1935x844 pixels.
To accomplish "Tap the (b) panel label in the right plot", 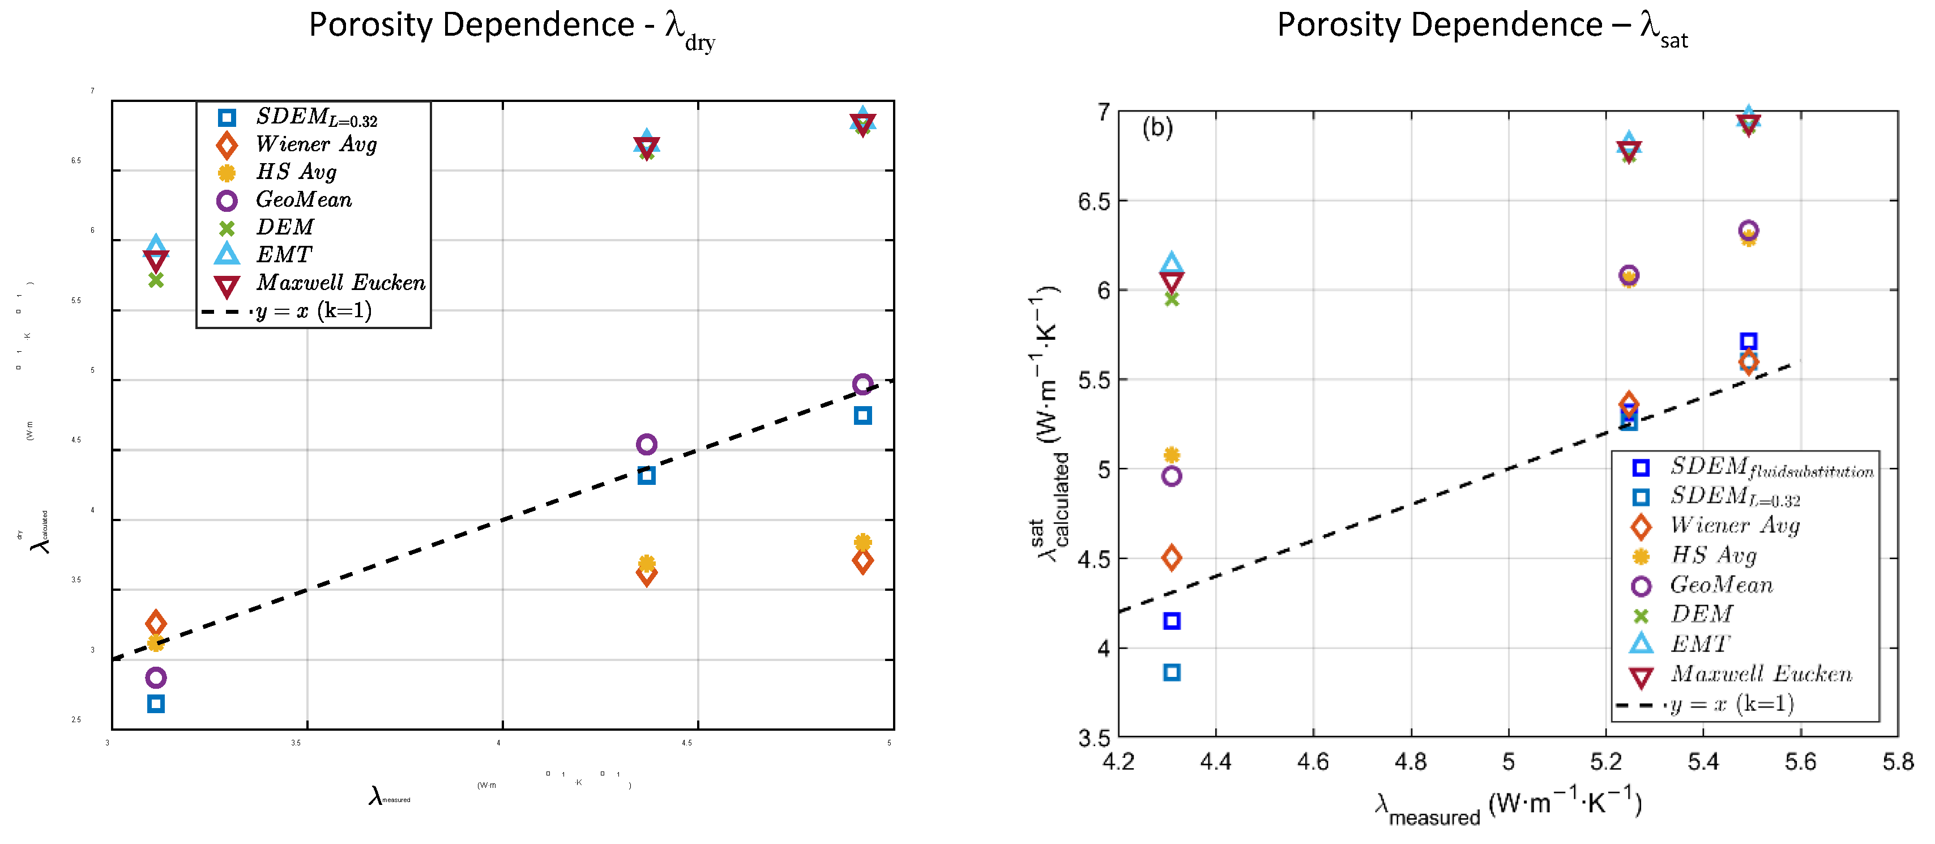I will coord(1157,128).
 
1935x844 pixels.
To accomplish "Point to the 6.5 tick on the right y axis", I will coord(1093,202).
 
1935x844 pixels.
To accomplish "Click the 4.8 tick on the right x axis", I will coord(1410,761).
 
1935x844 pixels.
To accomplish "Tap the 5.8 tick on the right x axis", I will coord(1898,761).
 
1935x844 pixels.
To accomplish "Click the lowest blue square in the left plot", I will coord(156,704).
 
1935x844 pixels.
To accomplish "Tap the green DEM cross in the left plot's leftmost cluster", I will coord(156,280).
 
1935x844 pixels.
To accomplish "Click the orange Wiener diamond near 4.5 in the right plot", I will coord(1171,557).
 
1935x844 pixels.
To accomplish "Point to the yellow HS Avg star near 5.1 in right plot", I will coord(1171,455).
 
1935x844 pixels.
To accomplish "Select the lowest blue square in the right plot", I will coord(1171,672).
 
